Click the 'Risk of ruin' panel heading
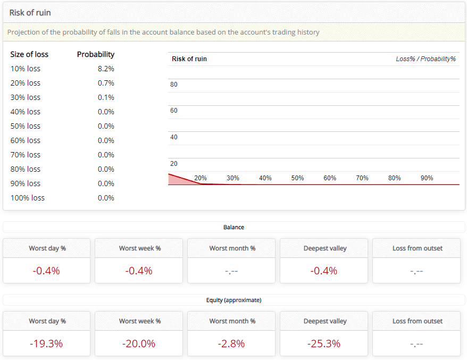pos(30,12)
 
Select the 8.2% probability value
pos(106,69)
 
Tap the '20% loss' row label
pos(26,83)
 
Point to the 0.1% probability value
pos(106,97)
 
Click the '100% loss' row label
pos(28,198)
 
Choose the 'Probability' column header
pos(96,54)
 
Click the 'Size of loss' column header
pos(29,54)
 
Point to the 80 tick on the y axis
pos(174,85)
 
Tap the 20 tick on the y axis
pos(174,164)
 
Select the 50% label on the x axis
pos(297,178)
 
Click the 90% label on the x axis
pos(427,178)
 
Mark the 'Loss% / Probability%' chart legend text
pos(426,59)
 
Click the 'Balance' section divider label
pos(233,227)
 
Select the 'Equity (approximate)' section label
pos(233,300)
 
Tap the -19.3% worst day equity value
pos(46,344)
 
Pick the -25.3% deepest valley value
pos(323,344)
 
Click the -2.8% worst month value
pos(231,344)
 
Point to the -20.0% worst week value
pos(139,344)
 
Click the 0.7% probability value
pos(106,83)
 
